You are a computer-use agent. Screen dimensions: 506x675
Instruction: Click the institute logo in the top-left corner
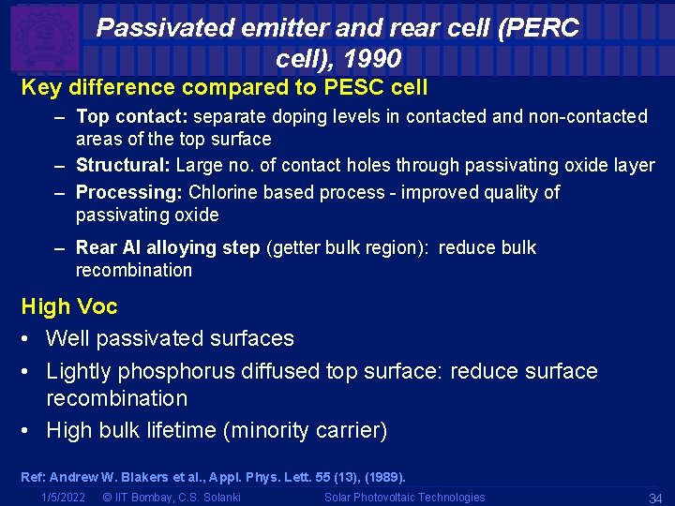tap(43, 37)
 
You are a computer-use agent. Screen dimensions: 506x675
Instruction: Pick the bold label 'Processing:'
tap(129, 193)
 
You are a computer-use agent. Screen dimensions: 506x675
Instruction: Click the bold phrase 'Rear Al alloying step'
tap(168, 248)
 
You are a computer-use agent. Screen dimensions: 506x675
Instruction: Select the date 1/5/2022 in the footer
tap(64, 498)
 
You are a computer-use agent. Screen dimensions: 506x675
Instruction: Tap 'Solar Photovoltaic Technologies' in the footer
tap(404, 498)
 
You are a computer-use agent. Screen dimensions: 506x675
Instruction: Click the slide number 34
tap(655, 498)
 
